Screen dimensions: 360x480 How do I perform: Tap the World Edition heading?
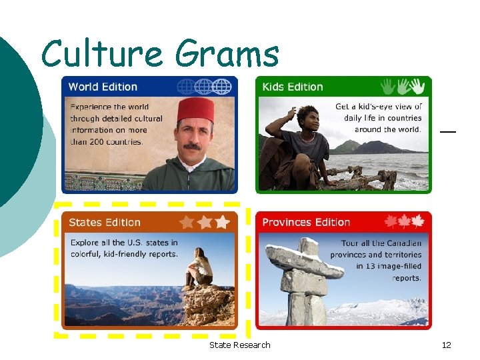point(103,87)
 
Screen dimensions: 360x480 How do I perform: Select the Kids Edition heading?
point(293,87)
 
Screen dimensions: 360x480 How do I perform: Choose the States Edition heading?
point(105,223)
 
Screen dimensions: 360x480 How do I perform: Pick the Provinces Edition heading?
point(306,222)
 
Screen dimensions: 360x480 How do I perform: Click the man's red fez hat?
point(195,111)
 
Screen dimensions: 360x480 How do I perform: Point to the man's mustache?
point(192,146)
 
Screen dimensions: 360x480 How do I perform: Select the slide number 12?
point(446,345)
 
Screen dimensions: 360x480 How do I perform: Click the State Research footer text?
point(239,345)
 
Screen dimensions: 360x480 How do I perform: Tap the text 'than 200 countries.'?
point(107,141)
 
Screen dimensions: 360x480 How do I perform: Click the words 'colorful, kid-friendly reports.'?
point(124,254)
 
